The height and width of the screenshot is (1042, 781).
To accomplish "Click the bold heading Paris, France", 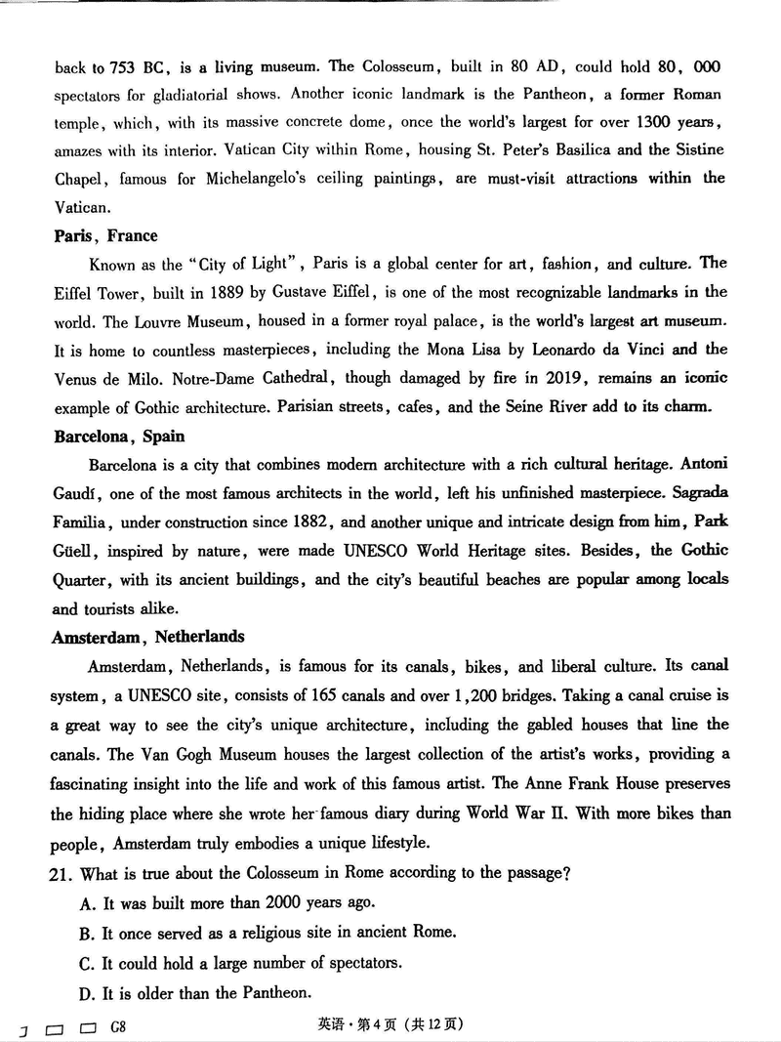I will click(105, 235).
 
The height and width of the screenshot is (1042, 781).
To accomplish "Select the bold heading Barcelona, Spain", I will click(119, 437).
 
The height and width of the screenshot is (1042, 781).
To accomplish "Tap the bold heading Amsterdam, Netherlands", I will click(147, 637).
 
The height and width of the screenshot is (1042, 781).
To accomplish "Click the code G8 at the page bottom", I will click(119, 1026).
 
